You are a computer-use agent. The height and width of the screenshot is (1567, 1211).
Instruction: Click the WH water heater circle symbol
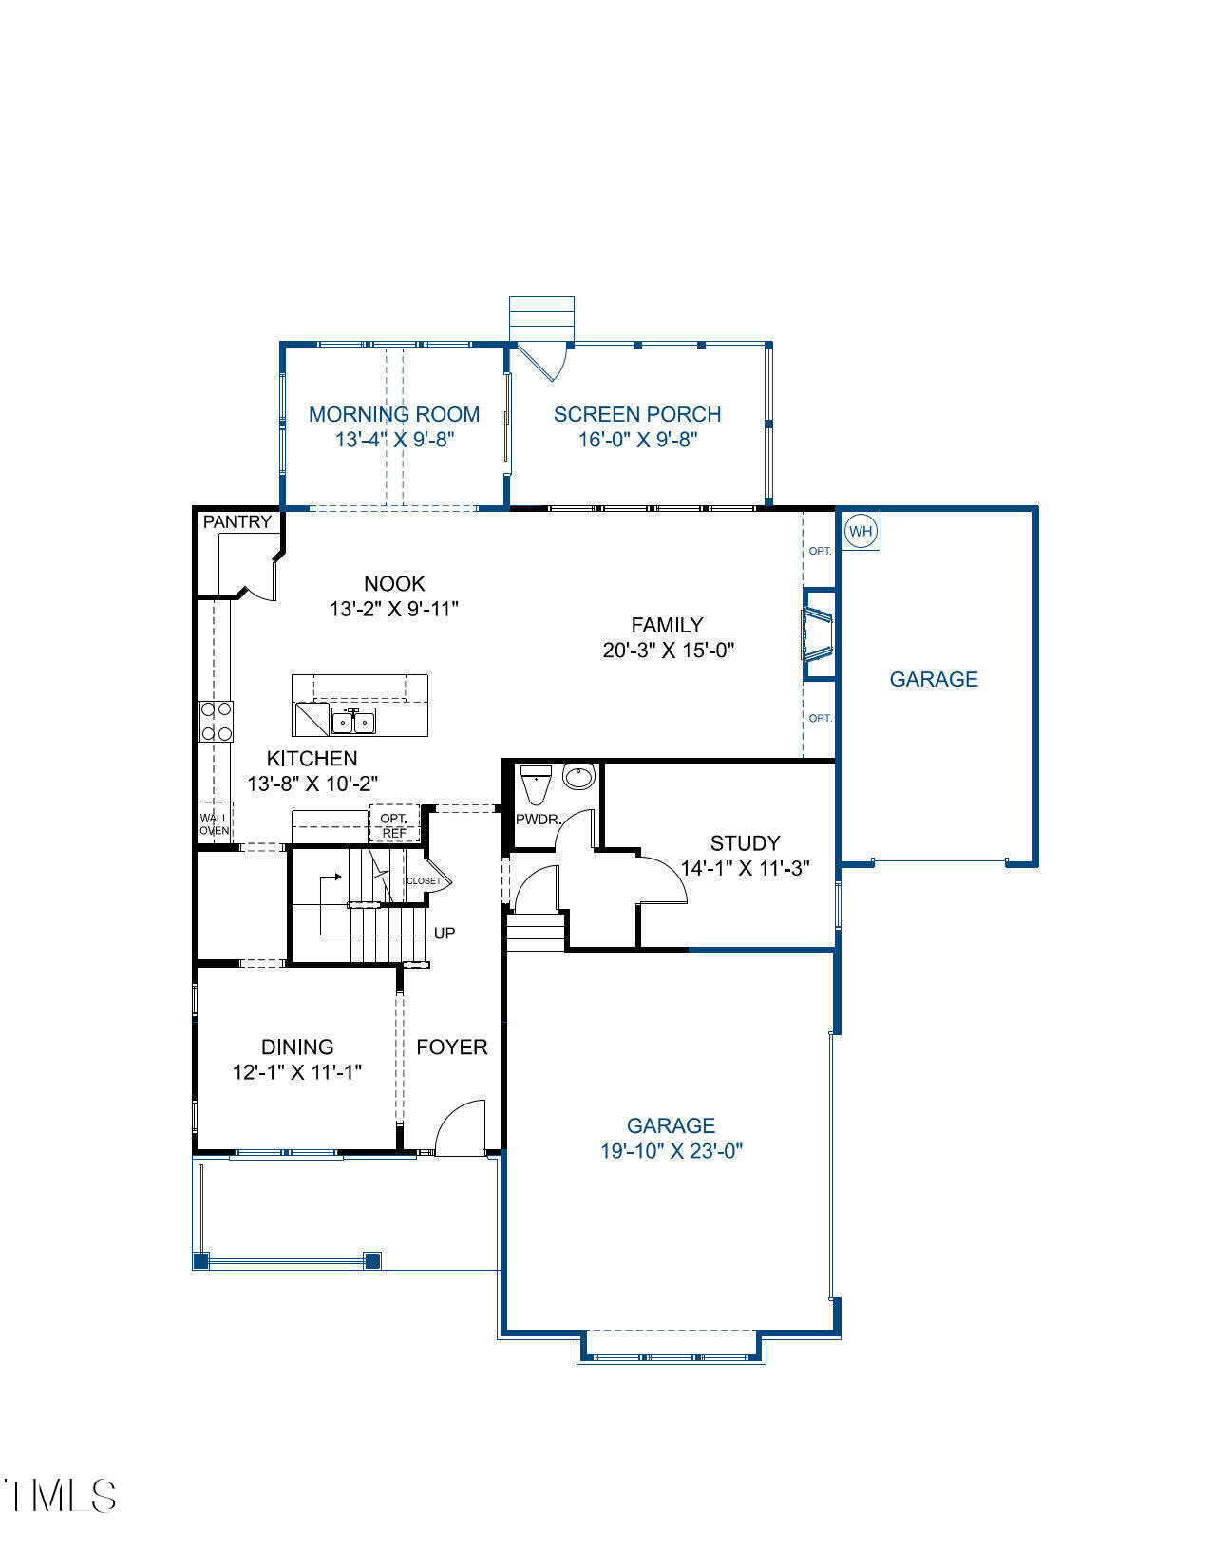pos(860,531)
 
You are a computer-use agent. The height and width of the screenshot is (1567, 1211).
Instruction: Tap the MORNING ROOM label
pos(394,414)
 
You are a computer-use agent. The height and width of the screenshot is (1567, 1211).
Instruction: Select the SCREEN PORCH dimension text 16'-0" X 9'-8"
pos(638,440)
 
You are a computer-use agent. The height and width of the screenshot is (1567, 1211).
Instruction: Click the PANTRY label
pos(237,521)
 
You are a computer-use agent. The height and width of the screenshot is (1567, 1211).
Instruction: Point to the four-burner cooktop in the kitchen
pos(216,721)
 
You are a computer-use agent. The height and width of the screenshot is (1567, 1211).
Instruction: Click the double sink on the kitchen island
pos(352,722)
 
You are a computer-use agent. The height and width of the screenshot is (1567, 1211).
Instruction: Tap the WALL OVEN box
pos(214,823)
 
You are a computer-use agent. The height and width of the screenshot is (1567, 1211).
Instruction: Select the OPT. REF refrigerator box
pos(393,825)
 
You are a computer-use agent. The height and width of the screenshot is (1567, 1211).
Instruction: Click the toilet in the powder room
pos(537,784)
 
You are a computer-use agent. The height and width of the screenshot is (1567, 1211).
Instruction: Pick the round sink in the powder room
pos(577,776)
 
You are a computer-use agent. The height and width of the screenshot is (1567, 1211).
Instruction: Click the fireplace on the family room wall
pos(817,634)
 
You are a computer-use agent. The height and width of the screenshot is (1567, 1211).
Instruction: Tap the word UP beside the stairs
pos(445,934)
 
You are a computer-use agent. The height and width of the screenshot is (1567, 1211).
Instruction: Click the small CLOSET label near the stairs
pos(424,881)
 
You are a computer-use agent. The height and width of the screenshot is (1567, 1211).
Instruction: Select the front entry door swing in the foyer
pos(461,1128)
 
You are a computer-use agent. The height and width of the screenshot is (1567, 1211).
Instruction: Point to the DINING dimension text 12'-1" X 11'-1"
pos(297,1072)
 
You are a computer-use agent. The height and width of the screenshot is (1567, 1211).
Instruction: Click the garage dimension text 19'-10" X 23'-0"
pos(672,1151)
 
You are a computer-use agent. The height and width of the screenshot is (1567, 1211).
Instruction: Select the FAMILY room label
pos(668,625)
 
